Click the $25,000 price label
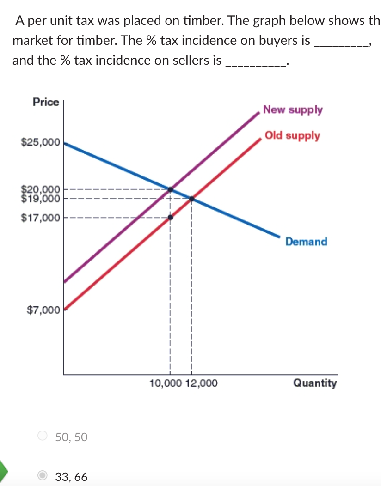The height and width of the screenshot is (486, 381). tap(40, 143)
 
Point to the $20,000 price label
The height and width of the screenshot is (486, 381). tap(40, 188)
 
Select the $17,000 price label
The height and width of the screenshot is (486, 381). tap(40, 217)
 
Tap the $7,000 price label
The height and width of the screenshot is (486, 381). tap(43, 310)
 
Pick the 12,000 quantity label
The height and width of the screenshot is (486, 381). tap(200, 383)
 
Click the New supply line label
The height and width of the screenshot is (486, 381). tap(293, 110)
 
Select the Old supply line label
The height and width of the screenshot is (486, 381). tap(292, 135)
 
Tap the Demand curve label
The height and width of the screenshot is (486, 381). tap(306, 242)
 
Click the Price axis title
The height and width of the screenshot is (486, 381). tap(46, 102)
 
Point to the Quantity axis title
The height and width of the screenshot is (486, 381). tap(315, 383)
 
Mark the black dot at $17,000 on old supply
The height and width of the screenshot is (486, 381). tap(170, 217)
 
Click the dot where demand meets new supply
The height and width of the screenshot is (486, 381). tap(170, 189)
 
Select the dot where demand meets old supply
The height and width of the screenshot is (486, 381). tap(191, 199)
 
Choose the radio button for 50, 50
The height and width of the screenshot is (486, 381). tap(43, 436)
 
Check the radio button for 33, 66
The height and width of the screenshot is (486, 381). tap(43, 476)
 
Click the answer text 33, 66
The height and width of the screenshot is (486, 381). tap(71, 476)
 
